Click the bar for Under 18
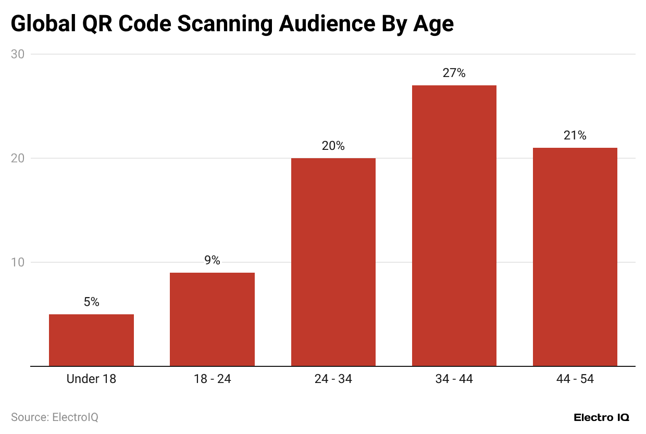[91, 340]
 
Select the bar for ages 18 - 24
[212, 319]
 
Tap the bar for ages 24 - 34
[333, 262]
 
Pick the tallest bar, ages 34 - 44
[454, 225]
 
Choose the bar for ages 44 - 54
[575, 257]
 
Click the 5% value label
[91, 302]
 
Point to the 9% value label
[212, 260]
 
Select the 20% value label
[333, 146]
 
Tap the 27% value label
[454, 73]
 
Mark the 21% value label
[575, 136]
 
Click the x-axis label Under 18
[91, 379]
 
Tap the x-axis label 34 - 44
[454, 379]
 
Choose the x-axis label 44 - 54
[575, 379]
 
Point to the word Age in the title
[433, 24]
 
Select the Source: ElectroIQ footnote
[55, 417]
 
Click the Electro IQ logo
[601, 417]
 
